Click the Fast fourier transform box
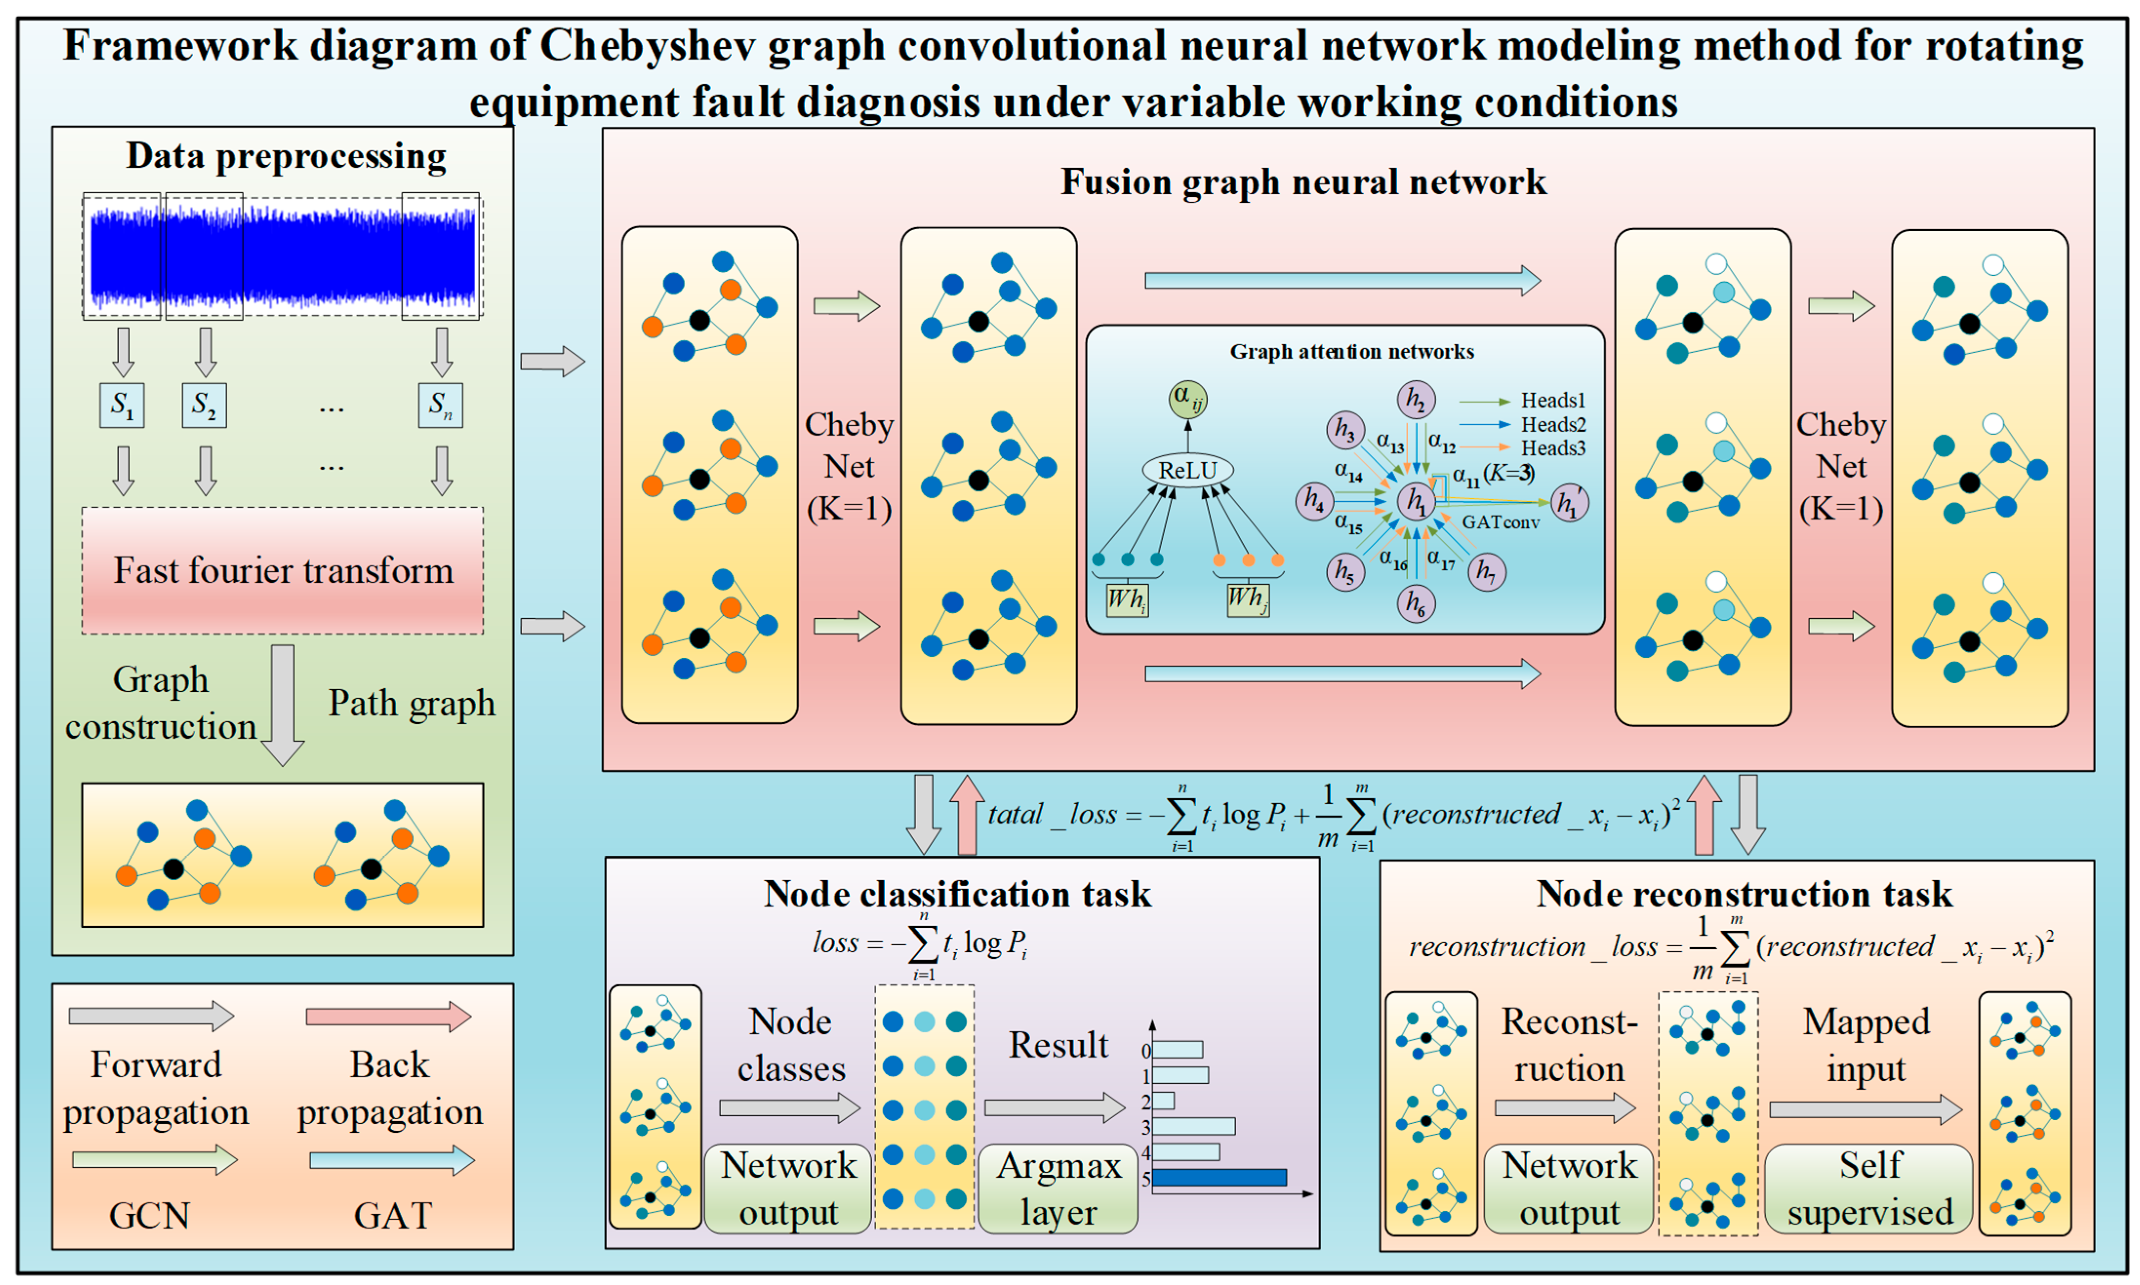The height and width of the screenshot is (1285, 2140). (282, 571)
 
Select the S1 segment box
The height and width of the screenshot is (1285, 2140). (122, 405)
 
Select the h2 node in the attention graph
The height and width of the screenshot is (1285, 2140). (1416, 400)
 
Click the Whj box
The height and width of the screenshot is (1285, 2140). (1247, 599)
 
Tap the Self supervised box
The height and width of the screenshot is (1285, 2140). (1869, 1189)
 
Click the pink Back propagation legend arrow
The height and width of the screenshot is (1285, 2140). (388, 1016)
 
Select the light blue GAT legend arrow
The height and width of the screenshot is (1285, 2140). (391, 1160)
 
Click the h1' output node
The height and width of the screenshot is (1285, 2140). (1569, 503)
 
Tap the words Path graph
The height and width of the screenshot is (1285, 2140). (411, 703)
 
